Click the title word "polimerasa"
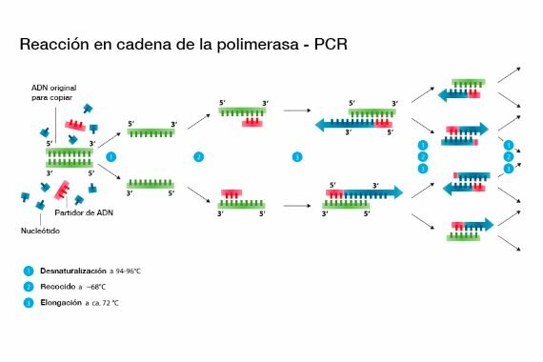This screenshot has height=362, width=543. tap(270, 45)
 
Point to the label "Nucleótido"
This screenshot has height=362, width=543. tap(37, 231)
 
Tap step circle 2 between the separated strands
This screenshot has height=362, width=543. tap(198, 156)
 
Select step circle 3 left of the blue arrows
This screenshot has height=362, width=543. tap(296, 156)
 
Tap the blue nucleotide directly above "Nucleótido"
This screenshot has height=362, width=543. tap(41, 204)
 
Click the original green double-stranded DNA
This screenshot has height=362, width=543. tap(69, 157)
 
